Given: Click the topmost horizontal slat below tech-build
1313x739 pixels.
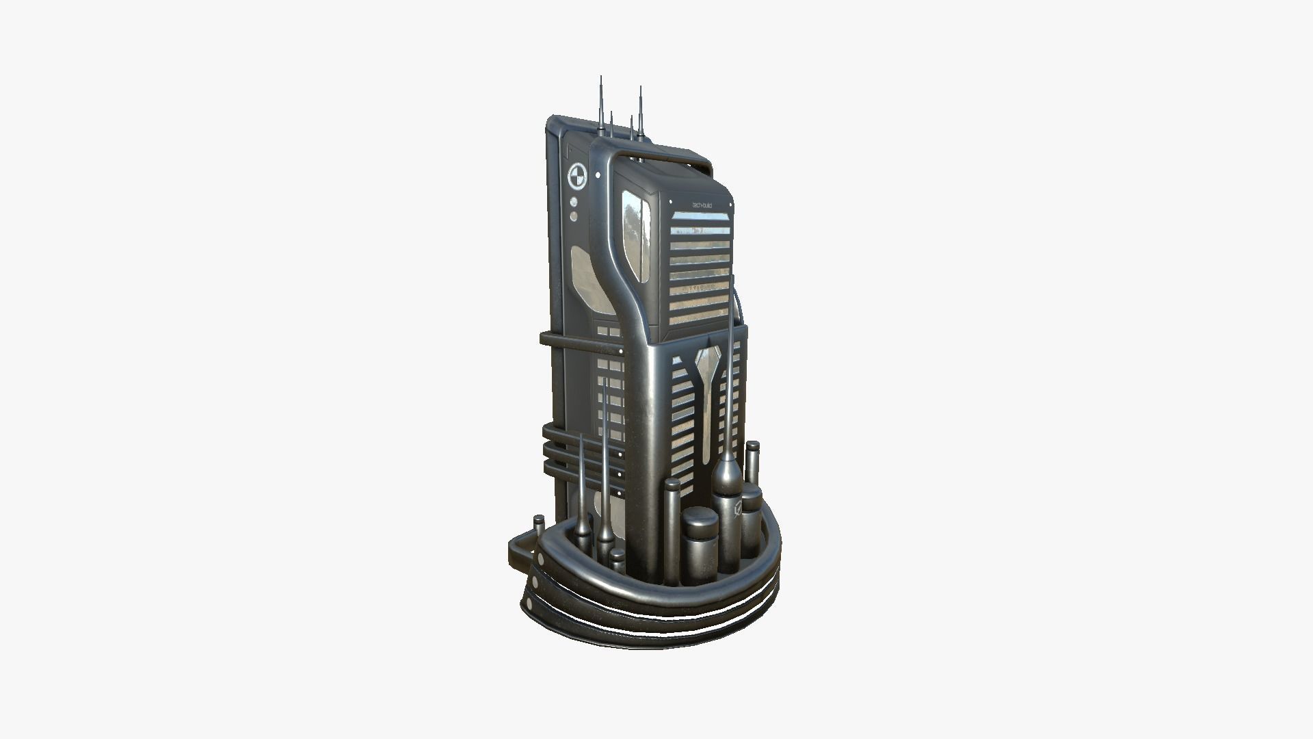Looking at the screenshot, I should pyautogui.click(x=701, y=218).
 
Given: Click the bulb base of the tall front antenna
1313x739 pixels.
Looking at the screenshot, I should pyautogui.click(x=727, y=476).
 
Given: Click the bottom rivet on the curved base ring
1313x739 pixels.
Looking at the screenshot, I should pyautogui.click(x=529, y=604).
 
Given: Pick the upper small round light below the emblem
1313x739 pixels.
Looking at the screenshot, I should pyautogui.click(x=574, y=203).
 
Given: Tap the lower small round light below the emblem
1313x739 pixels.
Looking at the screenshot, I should pyautogui.click(x=574, y=216).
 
